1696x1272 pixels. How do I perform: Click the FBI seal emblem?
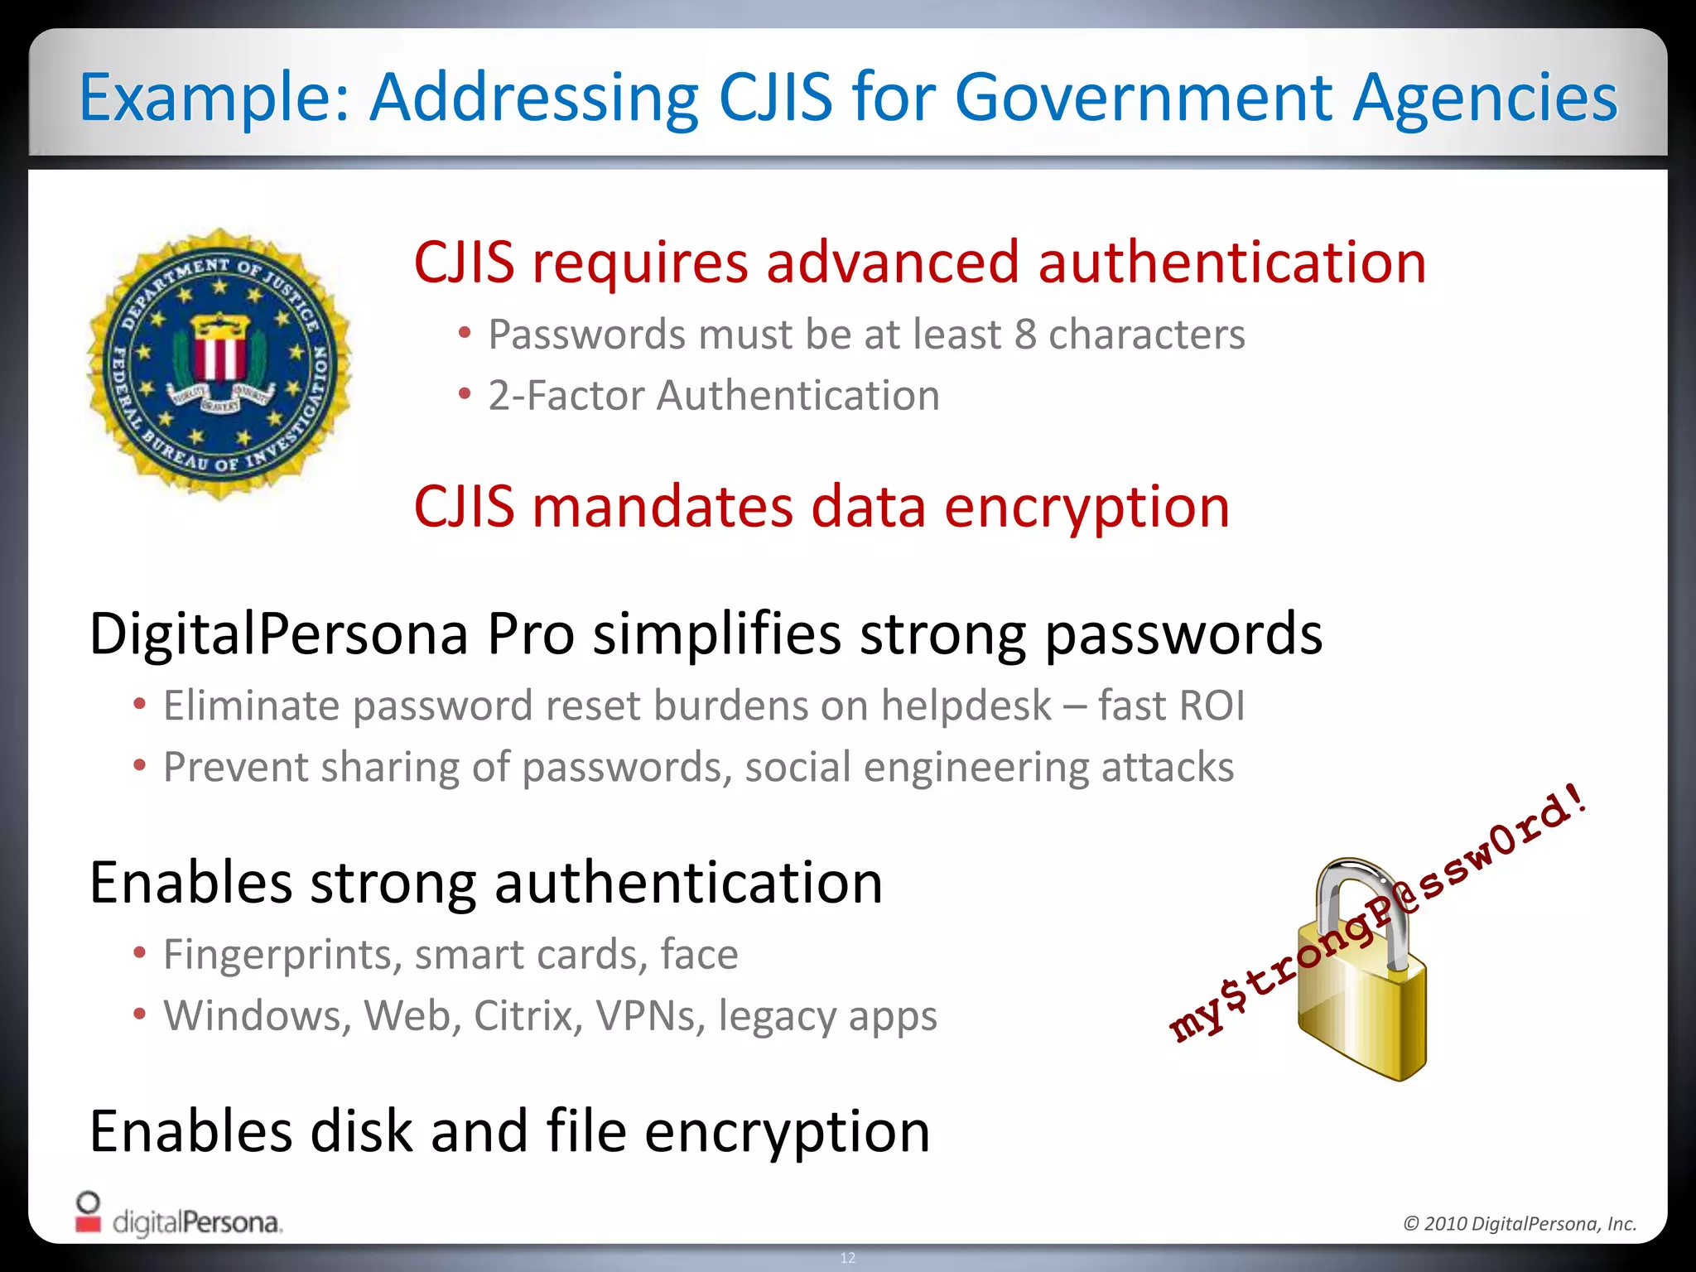pyautogui.click(x=219, y=364)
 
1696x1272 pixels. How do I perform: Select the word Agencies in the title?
pyautogui.click(x=1485, y=98)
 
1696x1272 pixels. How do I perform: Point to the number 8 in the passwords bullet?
pyautogui.click(x=1025, y=335)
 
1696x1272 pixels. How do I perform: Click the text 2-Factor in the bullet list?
pyautogui.click(x=565, y=395)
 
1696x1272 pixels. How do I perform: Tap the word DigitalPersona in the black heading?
pyautogui.click(x=278, y=634)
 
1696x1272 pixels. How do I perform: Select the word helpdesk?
pyautogui.click(x=966, y=706)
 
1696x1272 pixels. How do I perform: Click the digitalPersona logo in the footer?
pyautogui.click(x=179, y=1216)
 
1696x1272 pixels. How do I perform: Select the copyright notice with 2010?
pyautogui.click(x=1520, y=1223)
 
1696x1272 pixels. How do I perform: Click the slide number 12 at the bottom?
pyautogui.click(x=848, y=1258)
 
